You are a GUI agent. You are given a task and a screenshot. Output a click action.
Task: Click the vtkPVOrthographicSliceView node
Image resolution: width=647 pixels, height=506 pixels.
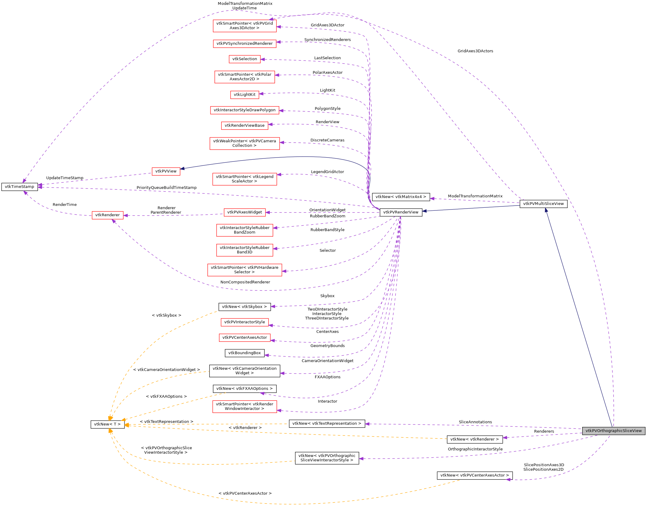[613, 431]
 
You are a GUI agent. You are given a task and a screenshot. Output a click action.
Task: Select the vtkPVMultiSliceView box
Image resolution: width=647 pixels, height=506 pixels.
[543, 204]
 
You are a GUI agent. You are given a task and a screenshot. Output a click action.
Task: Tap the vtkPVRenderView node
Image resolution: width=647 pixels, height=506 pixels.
[401, 212]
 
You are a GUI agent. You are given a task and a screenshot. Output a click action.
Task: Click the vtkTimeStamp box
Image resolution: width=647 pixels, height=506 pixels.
[19, 187]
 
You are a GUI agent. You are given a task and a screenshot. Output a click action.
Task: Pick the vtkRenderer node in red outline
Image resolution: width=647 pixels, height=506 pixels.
[107, 215]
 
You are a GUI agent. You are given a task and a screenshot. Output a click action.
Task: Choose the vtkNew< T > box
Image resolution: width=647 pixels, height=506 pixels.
[107, 424]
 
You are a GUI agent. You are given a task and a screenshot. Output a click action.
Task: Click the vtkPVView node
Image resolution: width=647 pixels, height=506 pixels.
[166, 171]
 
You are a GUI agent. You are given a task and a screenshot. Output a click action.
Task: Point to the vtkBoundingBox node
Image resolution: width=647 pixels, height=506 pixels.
[245, 353]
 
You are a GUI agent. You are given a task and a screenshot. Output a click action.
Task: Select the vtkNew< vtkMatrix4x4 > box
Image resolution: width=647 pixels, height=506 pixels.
[401, 197]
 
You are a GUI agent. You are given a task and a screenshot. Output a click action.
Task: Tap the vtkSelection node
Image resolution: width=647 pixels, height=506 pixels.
[245, 59]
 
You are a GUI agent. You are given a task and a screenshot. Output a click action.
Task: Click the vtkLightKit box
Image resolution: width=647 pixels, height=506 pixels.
[245, 95]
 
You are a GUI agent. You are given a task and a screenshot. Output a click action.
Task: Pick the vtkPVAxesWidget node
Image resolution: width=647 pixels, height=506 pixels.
[245, 212]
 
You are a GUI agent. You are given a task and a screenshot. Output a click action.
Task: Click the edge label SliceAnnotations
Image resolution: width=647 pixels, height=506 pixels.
[475, 422]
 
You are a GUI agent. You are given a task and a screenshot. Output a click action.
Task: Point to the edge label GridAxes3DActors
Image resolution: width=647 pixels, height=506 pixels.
[475, 51]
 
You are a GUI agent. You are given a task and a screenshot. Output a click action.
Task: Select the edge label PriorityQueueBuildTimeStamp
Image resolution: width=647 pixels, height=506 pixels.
[166, 188]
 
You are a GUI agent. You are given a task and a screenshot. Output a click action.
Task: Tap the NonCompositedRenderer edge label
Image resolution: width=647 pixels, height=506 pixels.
[245, 282]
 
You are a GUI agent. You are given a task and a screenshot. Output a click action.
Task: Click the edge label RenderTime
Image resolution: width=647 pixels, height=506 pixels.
[64, 205]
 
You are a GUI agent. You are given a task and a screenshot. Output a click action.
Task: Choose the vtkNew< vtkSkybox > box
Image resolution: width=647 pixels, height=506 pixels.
[244, 307]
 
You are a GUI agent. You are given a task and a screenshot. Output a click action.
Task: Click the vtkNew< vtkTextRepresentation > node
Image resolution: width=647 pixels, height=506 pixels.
[327, 424]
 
